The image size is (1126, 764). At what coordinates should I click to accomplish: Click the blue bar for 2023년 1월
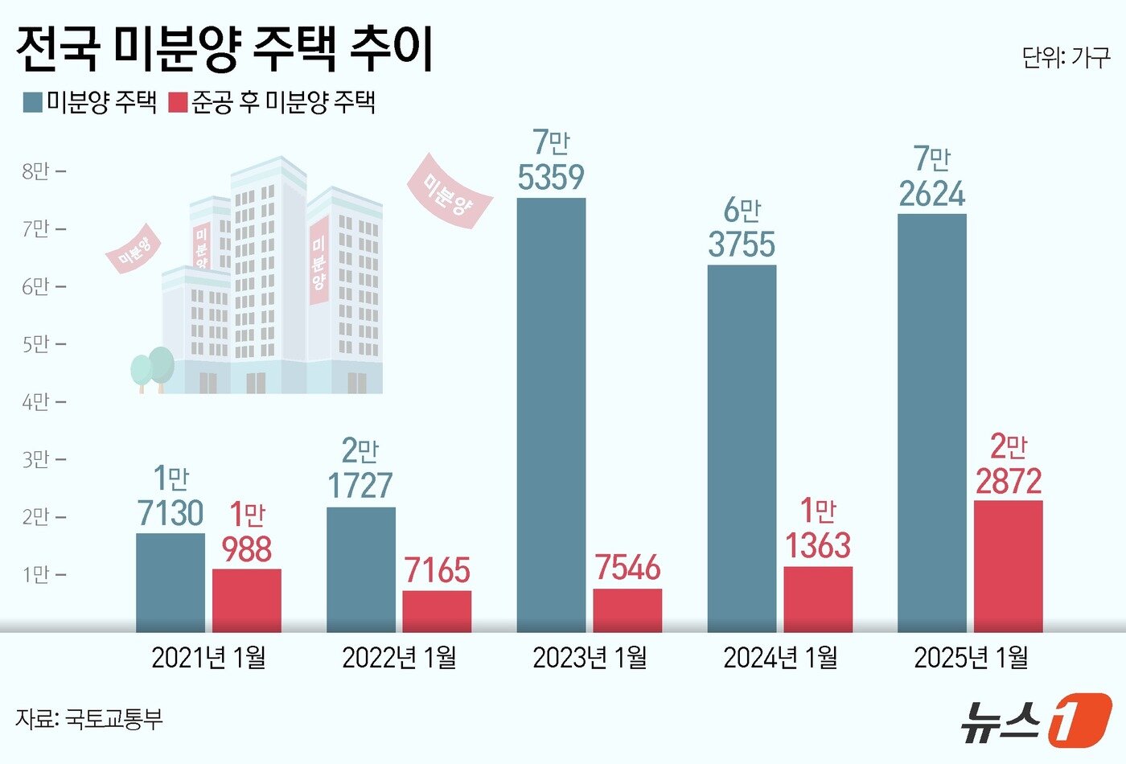click(551, 414)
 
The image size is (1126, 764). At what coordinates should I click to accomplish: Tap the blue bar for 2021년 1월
click(171, 582)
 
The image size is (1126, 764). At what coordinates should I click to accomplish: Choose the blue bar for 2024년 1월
click(742, 448)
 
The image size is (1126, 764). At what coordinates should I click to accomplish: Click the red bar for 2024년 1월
click(818, 599)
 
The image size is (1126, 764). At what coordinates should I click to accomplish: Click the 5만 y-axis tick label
click(35, 344)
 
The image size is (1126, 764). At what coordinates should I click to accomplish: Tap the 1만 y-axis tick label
click(35, 574)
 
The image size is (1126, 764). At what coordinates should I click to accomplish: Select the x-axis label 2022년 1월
click(399, 658)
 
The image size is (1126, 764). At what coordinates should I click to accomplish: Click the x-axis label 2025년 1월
click(971, 658)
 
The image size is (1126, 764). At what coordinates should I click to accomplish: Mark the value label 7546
click(627, 568)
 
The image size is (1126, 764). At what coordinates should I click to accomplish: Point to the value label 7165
click(437, 570)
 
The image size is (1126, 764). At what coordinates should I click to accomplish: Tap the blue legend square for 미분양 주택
click(33, 102)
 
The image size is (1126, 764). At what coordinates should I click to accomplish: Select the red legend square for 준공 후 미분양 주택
click(178, 102)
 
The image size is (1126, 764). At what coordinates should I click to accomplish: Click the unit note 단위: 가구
click(1066, 58)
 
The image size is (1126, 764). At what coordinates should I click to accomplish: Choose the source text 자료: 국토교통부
click(88, 718)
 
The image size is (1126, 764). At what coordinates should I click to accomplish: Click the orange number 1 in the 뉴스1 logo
click(1080, 718)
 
